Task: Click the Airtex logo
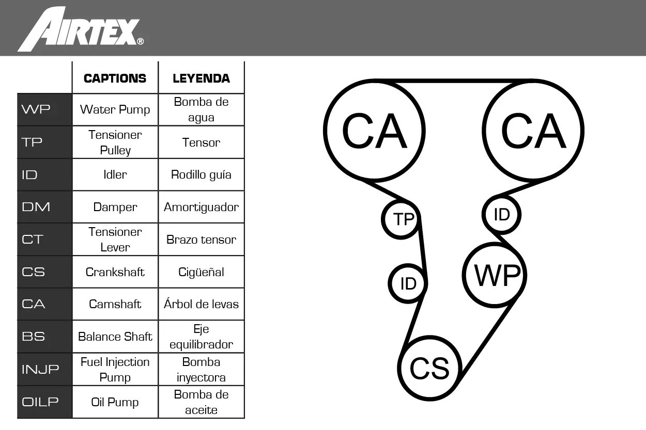[81, 29]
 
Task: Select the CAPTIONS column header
[115, 78]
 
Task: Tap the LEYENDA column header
[202, 78]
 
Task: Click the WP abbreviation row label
[36, 109]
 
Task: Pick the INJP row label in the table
[40, 369]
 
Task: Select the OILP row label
[40, 402]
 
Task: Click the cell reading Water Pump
[115, 109]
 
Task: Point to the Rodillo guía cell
[202, 174]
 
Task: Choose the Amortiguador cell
[202, 207]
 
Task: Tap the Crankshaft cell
[115, 272]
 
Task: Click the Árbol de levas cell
[202, 304]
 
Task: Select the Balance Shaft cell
[115, 337]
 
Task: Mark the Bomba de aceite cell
[202, 402]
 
